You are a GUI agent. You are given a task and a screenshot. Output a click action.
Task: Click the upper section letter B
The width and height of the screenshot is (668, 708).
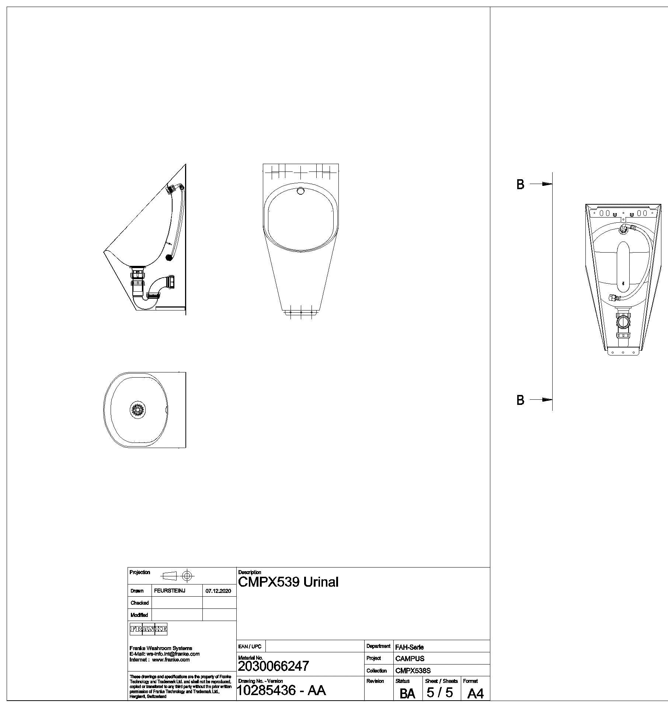pyautogui.click(x=520, y=184)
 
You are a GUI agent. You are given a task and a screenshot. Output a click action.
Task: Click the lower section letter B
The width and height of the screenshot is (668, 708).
pyautogui.click(x=520, y=400)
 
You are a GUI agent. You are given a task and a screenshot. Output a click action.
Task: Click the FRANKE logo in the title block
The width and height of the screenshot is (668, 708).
pyautogui.click(x=149, y=629)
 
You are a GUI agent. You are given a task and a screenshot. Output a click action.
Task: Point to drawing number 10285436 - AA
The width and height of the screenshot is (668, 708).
pyautogui.click(x=281, y=690)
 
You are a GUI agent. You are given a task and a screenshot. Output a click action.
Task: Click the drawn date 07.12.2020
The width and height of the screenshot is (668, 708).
pyautogui.click(x=218, y=591)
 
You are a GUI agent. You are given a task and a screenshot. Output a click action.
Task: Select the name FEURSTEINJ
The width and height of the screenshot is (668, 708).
pyautogui.click(x=170, y=591)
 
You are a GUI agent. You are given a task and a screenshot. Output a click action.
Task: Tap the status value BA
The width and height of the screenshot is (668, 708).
pyautogui.click(x=407, y=694)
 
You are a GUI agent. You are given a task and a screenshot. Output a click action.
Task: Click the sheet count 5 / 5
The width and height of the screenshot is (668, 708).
pyautogui.click(x=439, y=692)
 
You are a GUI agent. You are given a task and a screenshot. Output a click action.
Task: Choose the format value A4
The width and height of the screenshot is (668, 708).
pyautogui.click(x=475, y=694)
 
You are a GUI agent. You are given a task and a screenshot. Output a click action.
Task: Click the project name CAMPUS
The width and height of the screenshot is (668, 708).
pyautogui.click(x=410, y=658)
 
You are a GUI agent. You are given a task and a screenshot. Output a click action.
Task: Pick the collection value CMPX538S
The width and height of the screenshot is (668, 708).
pyautogui.click(x=413, y=670)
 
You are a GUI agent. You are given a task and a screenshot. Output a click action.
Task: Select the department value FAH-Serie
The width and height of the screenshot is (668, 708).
pyautogui.click(x=409, y=647)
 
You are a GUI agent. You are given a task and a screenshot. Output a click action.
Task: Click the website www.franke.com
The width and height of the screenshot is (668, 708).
pyautogui.click(x=171, y=660)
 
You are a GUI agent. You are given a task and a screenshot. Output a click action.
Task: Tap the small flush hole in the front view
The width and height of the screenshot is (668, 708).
pyautogui.click(x=301, y=191)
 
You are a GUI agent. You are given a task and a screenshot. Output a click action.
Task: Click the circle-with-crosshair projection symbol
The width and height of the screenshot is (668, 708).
pyautogui.click(x=187, y=576)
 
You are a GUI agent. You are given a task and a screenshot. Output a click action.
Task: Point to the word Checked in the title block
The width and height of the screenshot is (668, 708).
pyautogui.click(x=139, y=603)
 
